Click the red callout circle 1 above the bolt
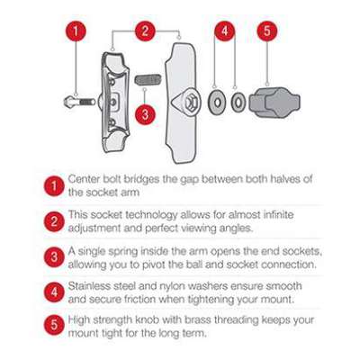click(x=76, y=31)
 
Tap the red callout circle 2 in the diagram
click(x=145, y=31)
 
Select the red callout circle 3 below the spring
click(x=145, y=113)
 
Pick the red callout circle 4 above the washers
click(x=225, y=31)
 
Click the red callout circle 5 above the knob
click(x=267, y=31)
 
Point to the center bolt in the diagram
click(x=80, y=102)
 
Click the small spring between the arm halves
click(x=148, y=80)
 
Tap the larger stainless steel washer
click(x=218, y=103)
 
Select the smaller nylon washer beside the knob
click(x=238, y=103)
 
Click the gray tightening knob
click(x=274, y=103)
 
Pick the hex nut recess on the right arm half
click(x=191, y=103)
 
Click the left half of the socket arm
click(x=114, y=102)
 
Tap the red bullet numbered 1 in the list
click(x=54, y=186)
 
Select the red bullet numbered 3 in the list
click(x=54, y=257)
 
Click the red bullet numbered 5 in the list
click(x=54, y=325)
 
